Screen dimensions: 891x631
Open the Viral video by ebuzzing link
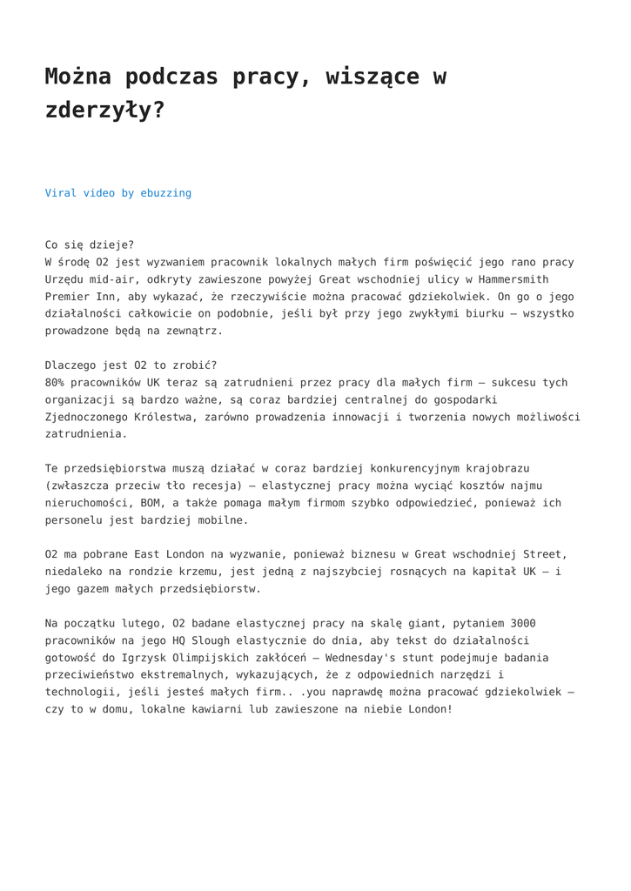[x=118, y=193]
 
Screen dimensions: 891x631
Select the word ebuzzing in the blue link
[x=166, y=193]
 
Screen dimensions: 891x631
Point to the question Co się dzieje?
[x=90, y=245]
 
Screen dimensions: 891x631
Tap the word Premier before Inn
[x=67, y=297]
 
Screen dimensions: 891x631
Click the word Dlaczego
[x=70, y=365]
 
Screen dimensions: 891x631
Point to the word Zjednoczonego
[x=86, y=417]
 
